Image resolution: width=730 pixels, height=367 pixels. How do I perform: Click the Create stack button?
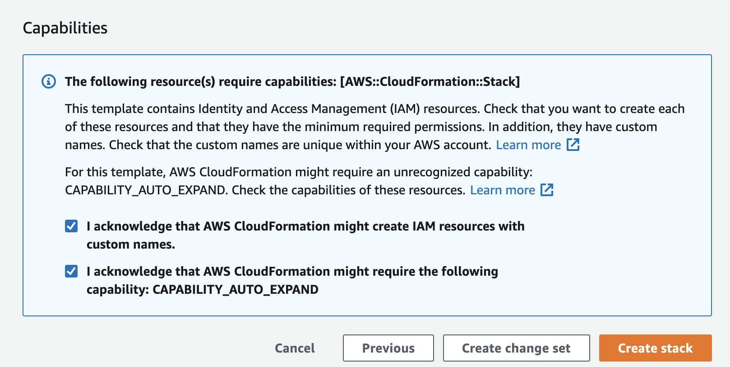[655, 348]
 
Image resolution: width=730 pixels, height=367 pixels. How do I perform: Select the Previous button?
[388, 348]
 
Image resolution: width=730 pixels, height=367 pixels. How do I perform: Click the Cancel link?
[295, 348]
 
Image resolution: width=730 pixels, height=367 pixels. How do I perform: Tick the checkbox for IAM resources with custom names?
[71, 226]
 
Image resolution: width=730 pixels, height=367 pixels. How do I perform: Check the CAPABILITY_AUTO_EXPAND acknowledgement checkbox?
[71, 271]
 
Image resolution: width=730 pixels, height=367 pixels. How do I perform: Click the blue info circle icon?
[49, 81]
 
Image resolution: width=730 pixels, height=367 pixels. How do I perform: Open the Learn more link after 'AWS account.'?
[528, 145]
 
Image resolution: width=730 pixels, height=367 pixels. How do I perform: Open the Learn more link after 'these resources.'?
[503, 190]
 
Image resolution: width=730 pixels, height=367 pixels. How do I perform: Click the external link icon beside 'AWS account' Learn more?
[573, 145]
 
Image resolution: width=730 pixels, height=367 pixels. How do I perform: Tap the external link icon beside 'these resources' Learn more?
[547, 190]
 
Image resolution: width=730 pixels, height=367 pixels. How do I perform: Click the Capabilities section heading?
[65, 28]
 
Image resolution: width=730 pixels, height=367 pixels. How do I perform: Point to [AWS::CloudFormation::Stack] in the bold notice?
[430, 82]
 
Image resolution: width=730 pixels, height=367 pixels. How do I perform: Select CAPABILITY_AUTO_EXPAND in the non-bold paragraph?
[145, 190]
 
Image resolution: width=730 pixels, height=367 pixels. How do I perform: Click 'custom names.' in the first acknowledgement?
[131, 245]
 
